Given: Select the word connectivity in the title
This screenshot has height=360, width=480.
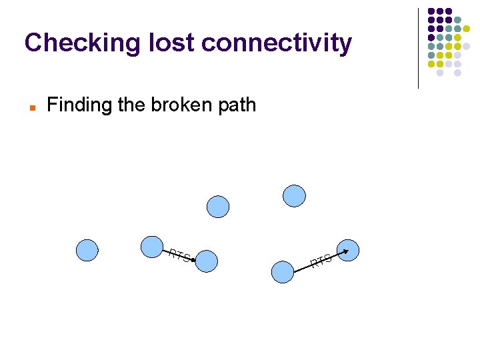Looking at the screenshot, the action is pyautogui.click(x=276, y=43).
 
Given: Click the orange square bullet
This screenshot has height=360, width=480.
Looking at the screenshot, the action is pyautogui.click(x=31, y=106).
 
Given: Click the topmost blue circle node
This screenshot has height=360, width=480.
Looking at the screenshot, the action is pyautogui.click(x=294, y=195).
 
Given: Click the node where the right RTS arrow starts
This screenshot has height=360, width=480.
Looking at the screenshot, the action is pyautogui.click(x=283, y=271).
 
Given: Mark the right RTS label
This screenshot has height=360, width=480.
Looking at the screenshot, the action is pyautogui.click(x=321, y=261).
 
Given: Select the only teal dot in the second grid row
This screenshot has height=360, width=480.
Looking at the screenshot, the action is pyautogui.click(x=457, y=21).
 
